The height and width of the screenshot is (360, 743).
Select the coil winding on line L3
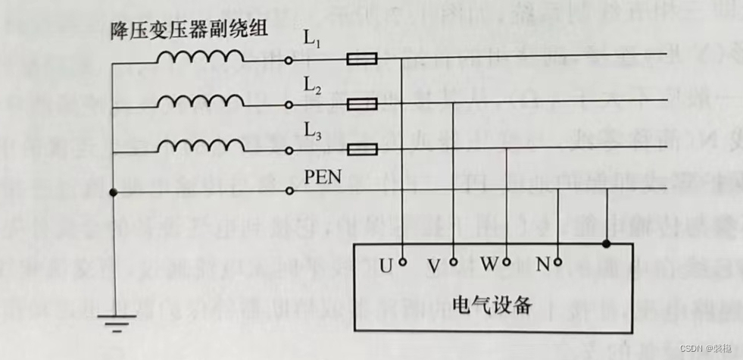[200, 144]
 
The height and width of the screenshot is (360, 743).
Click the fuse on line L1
[361, 58]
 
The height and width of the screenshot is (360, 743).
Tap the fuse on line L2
[361, 104]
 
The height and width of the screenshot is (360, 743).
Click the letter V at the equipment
[434, 266]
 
